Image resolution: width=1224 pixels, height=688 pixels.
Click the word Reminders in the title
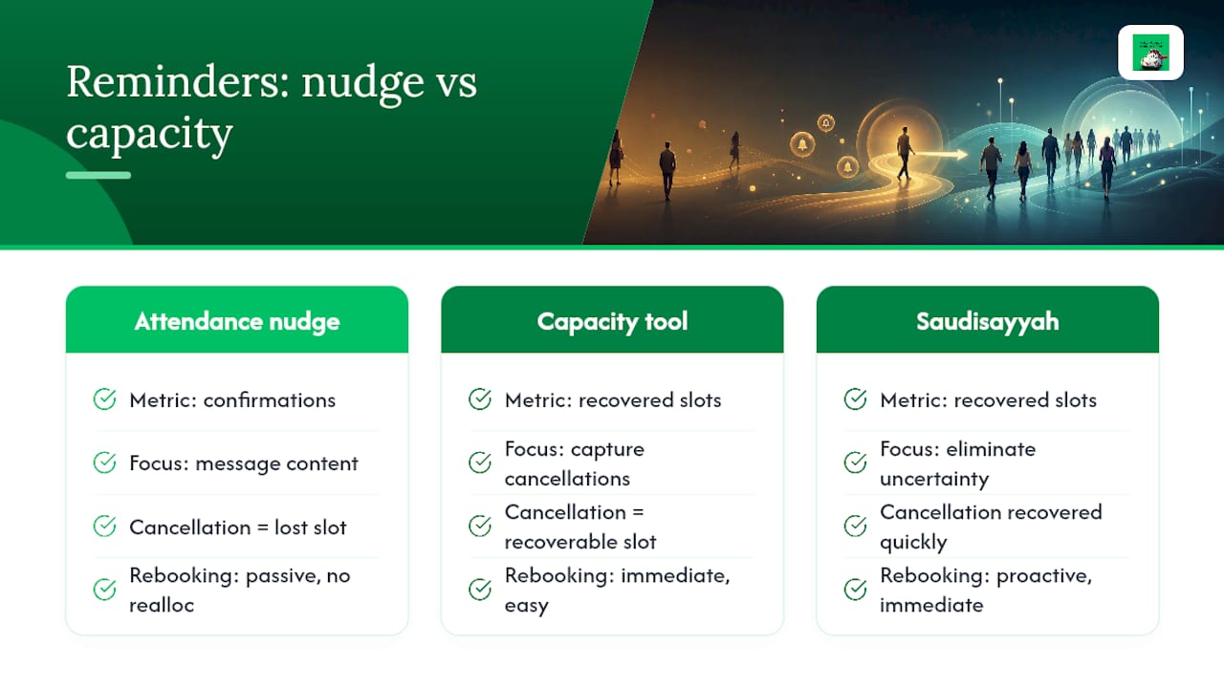point(178,82)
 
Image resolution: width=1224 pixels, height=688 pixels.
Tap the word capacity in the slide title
point(150,135)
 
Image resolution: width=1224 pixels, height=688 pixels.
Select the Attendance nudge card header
point(237,320)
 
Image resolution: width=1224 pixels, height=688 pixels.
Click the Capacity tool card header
point(612,320)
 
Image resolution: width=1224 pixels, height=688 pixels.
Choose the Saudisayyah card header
point(988,320)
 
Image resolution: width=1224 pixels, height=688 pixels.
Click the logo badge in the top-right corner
point(1150,53)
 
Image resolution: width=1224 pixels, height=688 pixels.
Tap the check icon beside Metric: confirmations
point(104,399)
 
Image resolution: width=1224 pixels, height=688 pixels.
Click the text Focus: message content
point(244,463)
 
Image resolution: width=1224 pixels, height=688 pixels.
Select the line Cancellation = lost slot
point(238,527)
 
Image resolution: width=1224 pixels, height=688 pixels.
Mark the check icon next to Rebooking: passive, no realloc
point(104,590)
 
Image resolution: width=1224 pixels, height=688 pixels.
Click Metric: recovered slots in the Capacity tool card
point(613,400)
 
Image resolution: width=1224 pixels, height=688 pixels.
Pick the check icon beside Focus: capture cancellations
point(480,462)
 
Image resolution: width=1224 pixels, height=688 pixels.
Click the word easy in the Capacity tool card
point(526,606)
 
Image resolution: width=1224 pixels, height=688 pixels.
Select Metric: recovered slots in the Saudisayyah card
point(988,400)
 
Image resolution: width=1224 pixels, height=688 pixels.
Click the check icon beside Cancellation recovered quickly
point(855,526)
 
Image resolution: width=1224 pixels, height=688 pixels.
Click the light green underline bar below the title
point(98,175)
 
